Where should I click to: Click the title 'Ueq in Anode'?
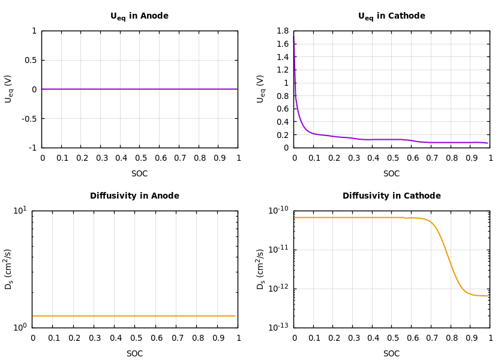pyautogui.click(x=139, y=16)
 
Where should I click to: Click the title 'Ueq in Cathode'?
pyautogui.click(x=391, y=16)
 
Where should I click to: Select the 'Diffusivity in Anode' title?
pyautogui.click(x=134, y=196)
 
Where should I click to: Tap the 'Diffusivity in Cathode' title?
pyautogui.click(x=391, y=196)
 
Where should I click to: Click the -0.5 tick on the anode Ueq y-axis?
pyautogui.click(x=29, y=119)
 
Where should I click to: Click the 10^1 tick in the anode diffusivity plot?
pyautogui.click(x=20, y=210)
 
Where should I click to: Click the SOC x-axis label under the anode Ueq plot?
pyautogui.click(x=139, y=174)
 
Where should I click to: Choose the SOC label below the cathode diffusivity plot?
pyautogui.click(x=391, y=354)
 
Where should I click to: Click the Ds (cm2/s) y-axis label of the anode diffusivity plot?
pyautogui.click(x=8, y=269)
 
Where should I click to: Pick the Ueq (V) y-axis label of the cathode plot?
pyautogui.click(x=260, y=89)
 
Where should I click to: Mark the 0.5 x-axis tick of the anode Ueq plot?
pyautogui.click(x=139, y=158)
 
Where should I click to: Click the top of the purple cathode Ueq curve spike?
pyautogui.click(x=293, y=35)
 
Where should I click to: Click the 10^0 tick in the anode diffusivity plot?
pyautogui.click(x=20, y=328)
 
